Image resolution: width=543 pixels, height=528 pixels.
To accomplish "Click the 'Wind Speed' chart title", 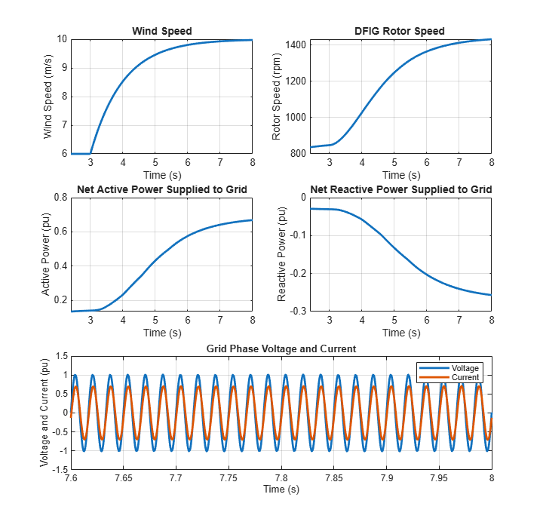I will pyautogui.click(x=161, y=31).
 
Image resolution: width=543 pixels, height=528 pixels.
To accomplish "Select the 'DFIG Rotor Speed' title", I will pyautogui.click(x=400, y=31).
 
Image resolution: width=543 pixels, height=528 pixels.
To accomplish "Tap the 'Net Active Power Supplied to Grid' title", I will pyautogui.click(x=161, y=189).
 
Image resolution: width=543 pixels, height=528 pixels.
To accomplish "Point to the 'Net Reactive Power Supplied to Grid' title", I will pyautogui.click(x=400, y=189).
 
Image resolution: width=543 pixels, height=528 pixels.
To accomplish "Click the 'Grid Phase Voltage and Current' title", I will pyautogui.click(x=281, y=348).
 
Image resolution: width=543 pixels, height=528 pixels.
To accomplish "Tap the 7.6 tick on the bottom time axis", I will pyautogui.click(x=72, y=479).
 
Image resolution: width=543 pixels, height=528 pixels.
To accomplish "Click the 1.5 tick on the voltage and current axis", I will pyautogui.click(x=60, y=356).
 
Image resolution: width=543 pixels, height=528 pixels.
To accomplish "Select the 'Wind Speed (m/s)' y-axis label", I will pyautogui.click(x=48, y=97).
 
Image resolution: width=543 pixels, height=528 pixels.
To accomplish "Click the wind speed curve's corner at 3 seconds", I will pyautogui.click(x=90, y=153).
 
